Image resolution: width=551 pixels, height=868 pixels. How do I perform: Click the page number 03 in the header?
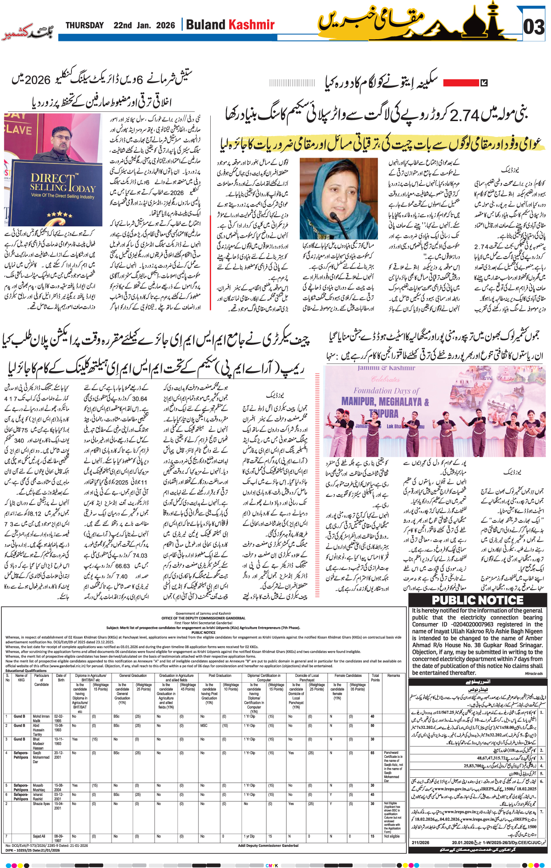click(534, 27)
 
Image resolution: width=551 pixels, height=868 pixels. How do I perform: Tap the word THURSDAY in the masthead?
click(85, 26)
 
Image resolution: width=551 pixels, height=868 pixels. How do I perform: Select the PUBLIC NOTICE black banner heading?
click(478, 600)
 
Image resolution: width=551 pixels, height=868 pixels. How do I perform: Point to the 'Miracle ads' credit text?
click(534, 673)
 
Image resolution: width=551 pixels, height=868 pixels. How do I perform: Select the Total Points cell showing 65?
click(372, 753)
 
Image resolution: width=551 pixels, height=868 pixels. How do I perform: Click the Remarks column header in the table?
click(393, 676)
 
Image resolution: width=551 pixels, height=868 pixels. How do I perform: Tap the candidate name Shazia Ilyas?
click(41, 804)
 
